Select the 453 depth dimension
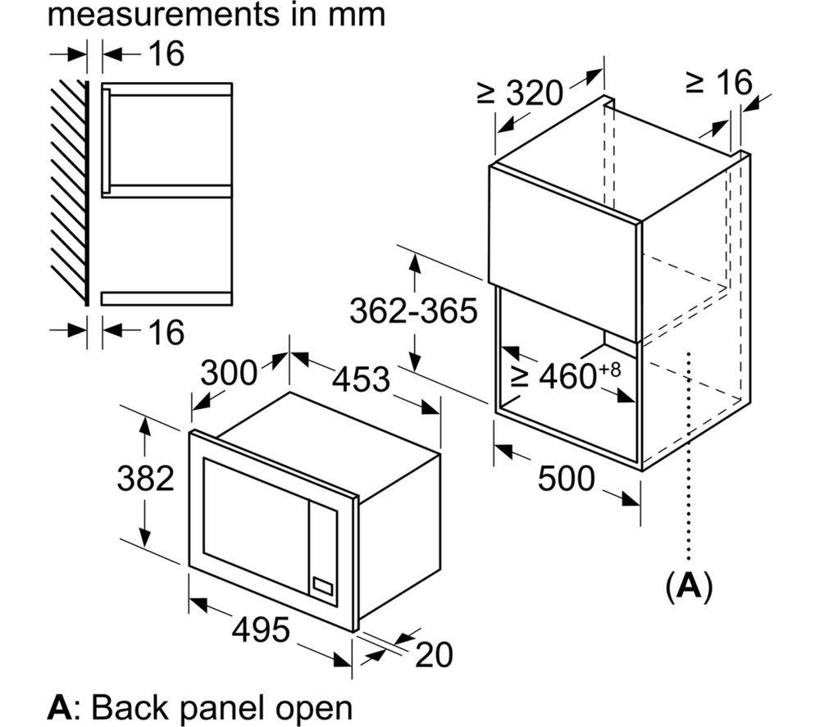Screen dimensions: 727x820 [x=362, y=379]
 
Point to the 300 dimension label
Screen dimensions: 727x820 [x=229, y=373]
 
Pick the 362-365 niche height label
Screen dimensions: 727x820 [x=413, y=311]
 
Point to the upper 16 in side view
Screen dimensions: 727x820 [x=167, y=54]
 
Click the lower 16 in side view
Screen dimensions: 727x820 [x=167, y=332]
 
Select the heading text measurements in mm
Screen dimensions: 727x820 [x=217, y=16]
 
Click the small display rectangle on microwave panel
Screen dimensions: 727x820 [x=322, y=587]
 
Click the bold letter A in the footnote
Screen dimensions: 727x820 [x=60, y=707]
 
